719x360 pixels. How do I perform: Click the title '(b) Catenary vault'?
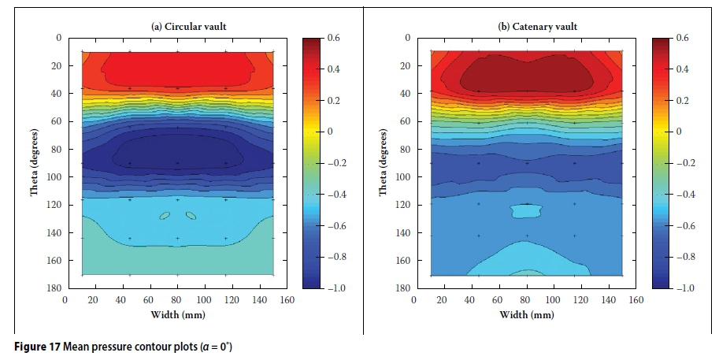(538, 27)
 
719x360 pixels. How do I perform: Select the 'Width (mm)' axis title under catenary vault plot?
(525, 315)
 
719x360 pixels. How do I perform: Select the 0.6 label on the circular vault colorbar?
(334, 38)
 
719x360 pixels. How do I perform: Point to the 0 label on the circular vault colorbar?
(331, 132)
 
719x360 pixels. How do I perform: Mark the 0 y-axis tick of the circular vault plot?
(57, 38)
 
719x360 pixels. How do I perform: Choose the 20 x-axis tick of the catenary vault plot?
(442, 300)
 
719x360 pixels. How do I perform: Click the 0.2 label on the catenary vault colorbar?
(683, 101)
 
